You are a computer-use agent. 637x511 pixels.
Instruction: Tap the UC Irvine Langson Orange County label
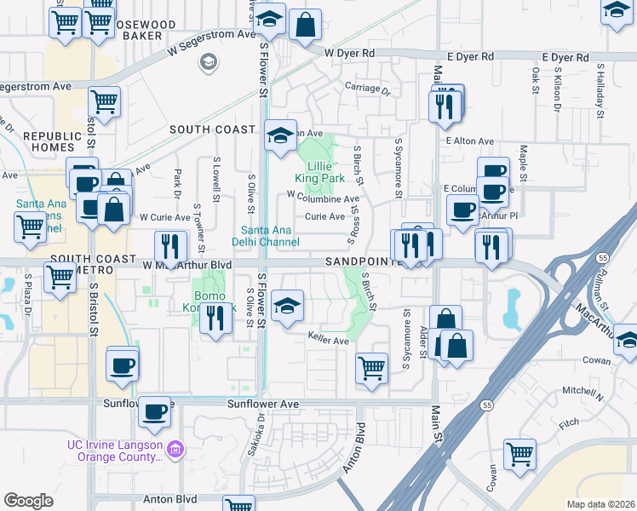116,451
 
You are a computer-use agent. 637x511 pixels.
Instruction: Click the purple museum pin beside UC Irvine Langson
175,448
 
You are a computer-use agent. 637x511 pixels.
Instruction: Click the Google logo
28,501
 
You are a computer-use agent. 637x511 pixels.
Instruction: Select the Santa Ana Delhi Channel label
269,236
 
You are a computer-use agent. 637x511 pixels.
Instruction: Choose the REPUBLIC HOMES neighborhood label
49,141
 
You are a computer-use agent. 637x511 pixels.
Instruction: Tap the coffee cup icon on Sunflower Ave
154,412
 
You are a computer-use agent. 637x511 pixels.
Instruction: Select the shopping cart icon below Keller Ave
372,367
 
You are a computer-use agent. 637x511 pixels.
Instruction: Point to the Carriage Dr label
367,89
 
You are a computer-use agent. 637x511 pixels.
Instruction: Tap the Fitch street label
568,422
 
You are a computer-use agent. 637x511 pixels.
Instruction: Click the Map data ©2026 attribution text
600,504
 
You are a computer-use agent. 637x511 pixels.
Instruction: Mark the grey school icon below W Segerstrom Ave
207,61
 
